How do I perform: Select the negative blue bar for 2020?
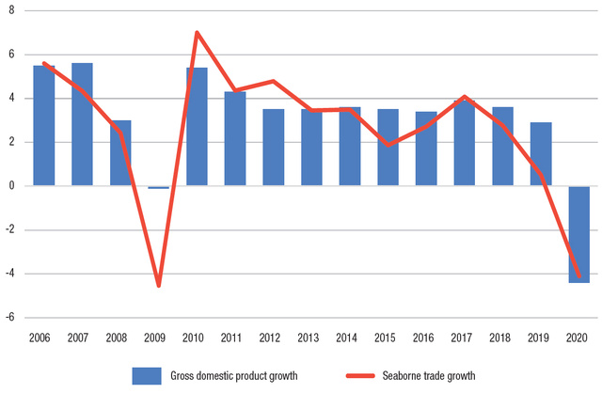(578, 234)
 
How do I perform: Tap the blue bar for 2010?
(197, 127)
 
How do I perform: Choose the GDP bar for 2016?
(425, 149)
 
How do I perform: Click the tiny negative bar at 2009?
(159, 187)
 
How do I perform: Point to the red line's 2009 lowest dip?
(159, 285)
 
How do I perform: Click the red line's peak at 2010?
(197, 33)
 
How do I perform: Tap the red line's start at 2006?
(44, 63)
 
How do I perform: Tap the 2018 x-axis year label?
(502, 336)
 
